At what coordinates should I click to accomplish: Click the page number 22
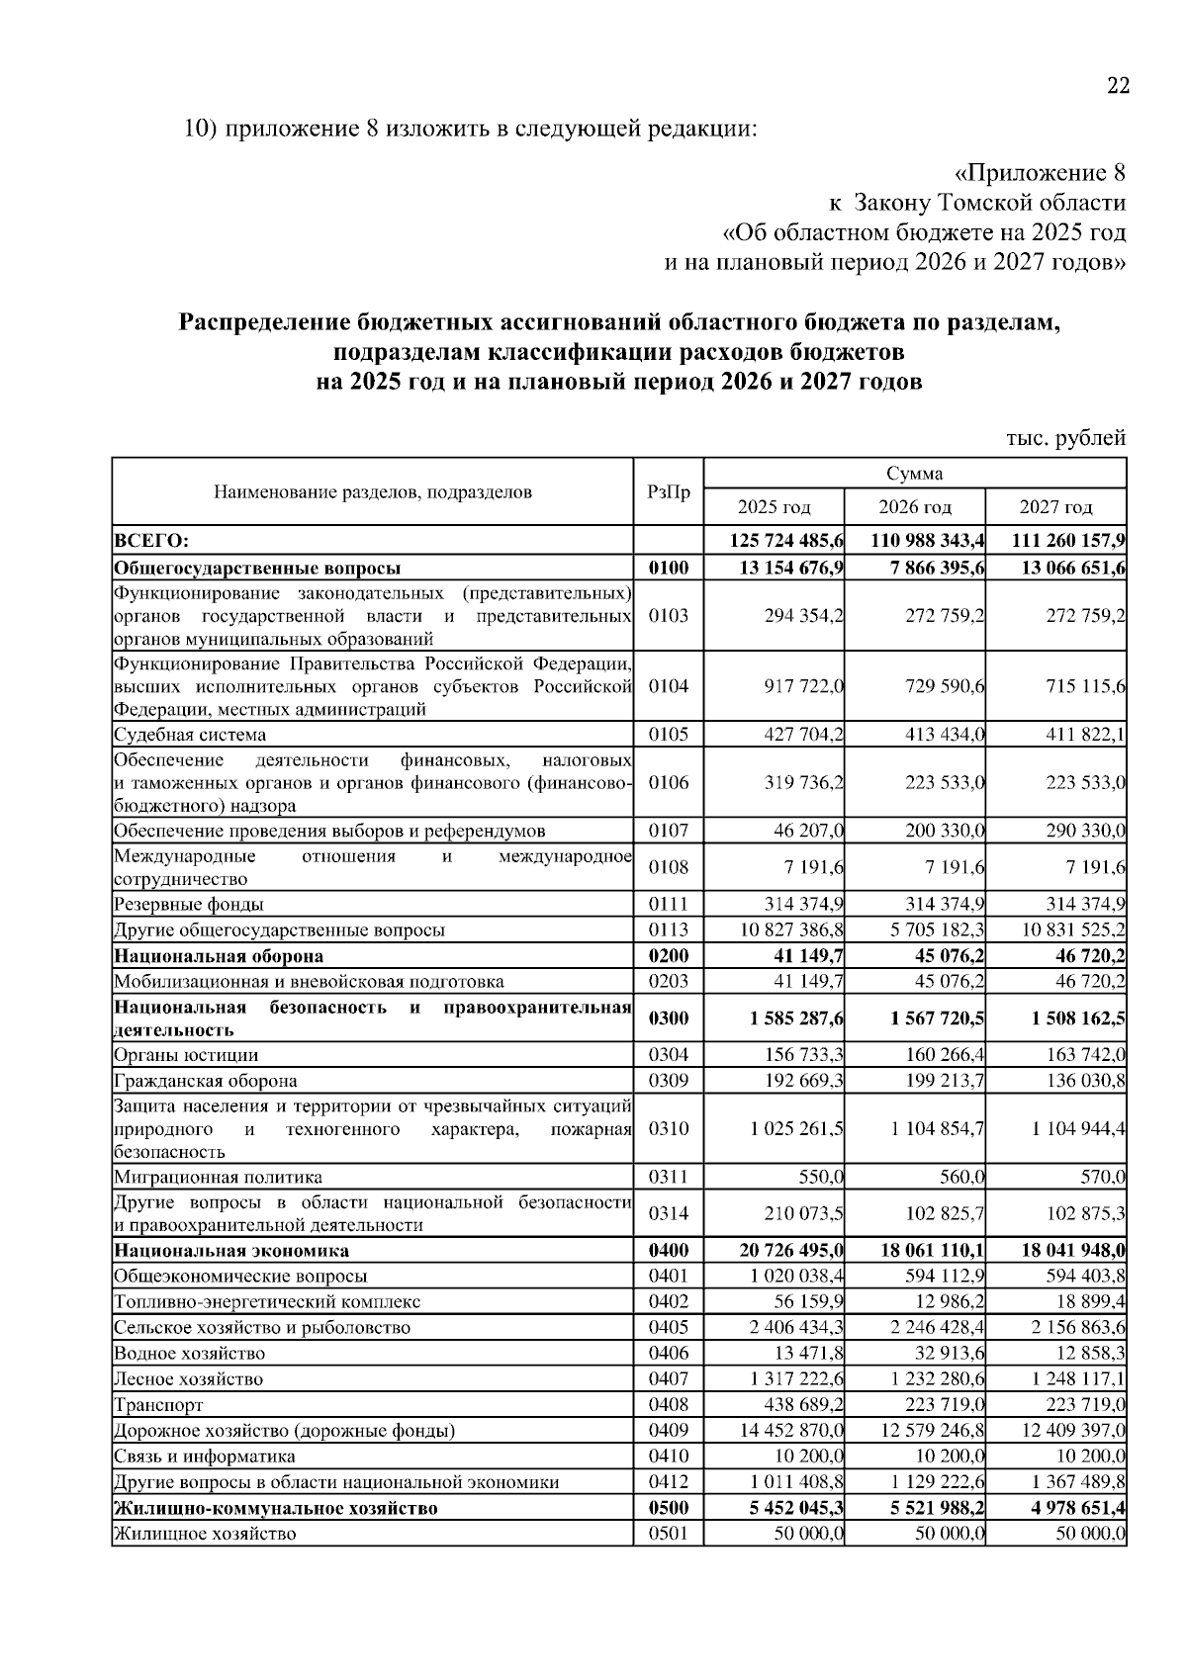click(1117, 86)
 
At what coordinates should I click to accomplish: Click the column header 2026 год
click(915, 507)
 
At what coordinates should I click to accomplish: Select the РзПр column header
click(669, 491)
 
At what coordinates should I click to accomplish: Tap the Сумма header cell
click(915, 474)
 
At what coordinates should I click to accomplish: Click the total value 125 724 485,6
click(787, 541)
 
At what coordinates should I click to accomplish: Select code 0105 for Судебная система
click(669, 735)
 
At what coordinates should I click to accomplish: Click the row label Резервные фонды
click(189, 904)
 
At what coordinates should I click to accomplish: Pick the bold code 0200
click(669, 956)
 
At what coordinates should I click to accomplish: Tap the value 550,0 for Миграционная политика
click(821, 1177)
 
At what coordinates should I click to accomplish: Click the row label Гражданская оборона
click(206, 1081)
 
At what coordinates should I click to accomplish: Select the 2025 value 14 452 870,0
click(791, 1430)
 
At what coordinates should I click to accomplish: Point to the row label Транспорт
click(159, 1404)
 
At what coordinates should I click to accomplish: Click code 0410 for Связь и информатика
click(669, 1456)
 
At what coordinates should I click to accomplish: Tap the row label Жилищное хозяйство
click(205, 1534)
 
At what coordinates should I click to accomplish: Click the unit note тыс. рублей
click(1066, 437)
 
